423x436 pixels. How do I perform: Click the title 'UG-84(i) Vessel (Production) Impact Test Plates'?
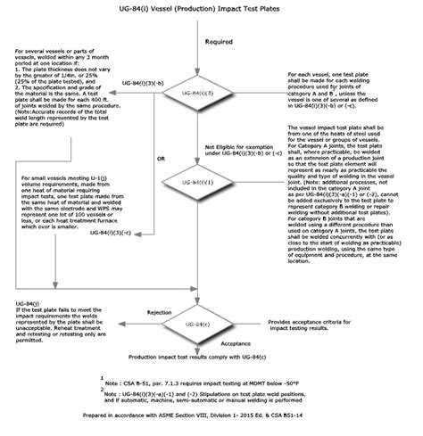tap(211, 9)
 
